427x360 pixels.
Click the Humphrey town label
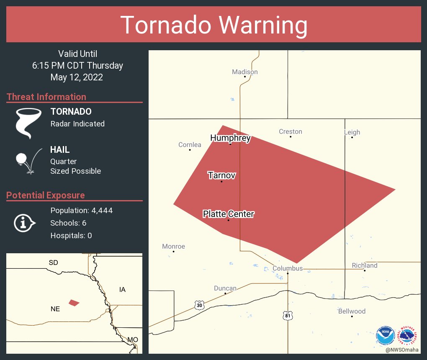tap(230, 138)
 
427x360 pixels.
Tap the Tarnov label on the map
tap(221, 175)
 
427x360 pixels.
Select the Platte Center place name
tap(228, 214)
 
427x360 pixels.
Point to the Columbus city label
tap(288, 268)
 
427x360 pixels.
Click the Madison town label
tap(245, 72)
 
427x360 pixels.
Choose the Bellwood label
tap(352, 311)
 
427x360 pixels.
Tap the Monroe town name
tap(173, 247)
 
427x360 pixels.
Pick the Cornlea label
tap(190, 145)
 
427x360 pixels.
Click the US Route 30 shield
tap(199, 305)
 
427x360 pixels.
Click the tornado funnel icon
tap(28, 123)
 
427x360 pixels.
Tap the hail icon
tap(28, 160)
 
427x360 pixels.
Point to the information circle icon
tap(24, 223)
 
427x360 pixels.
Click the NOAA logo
tap(385, 335)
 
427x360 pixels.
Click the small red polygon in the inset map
tap(74, 303)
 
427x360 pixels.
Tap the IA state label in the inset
tap(122, 289)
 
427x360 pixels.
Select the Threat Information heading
tap(46, 97)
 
